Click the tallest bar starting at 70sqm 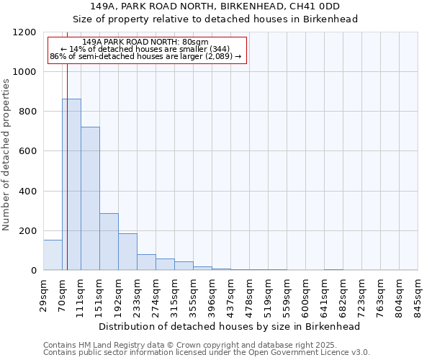click(x=71, y=184)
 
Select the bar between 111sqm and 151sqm click(x=90, y=199)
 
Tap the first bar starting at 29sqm click(x=53, y=255)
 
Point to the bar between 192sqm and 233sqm click(x=127, y=251)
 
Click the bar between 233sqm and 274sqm click(x=146, y=262)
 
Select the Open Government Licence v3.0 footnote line click(x=207, y=353)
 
